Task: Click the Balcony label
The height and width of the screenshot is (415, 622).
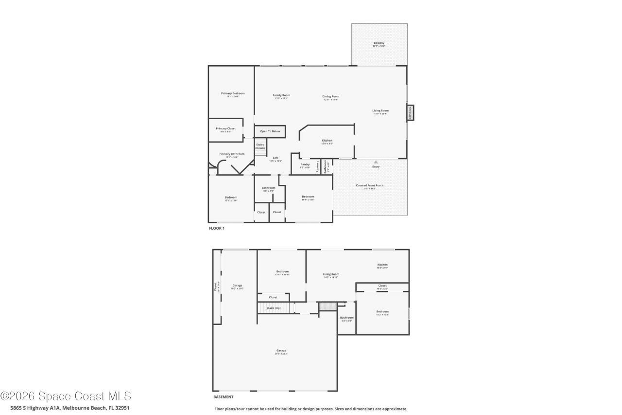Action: click(x=379, y=43)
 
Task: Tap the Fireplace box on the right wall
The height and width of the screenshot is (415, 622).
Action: click(x=410, y=113)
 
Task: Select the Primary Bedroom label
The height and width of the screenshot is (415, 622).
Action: click(x=233, y=93)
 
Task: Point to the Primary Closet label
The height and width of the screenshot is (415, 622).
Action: click(x=226, y=128)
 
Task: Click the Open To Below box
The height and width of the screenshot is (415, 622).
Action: click(x=270, y=131)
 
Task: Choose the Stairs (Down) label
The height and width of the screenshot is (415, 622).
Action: click(x=260, y=146)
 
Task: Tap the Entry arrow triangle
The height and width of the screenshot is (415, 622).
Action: click(x=376, y=162)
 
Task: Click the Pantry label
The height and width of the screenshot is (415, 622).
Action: click(x=305, y=164)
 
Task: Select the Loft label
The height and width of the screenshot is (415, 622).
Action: click(x=276, y=158)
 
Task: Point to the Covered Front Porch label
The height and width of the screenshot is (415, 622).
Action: click(x=370, y=185)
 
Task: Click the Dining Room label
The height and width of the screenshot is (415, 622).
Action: click(x=331, y=96)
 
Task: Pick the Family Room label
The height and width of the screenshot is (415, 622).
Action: click(x=281, y=95)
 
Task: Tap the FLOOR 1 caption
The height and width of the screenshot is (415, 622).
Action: click(x=217, y=228)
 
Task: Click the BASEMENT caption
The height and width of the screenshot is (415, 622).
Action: click(x=223, y=397)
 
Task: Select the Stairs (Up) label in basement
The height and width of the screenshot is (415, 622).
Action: click(x=274, y=308)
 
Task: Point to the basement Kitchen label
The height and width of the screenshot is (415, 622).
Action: click(x=382, y=265)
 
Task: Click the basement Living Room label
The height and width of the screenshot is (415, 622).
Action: click(x=331, y=274)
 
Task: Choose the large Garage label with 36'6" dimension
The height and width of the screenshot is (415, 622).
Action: click(x=281, y=350)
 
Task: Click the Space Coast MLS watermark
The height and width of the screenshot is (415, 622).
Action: click(x=66, y=397)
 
